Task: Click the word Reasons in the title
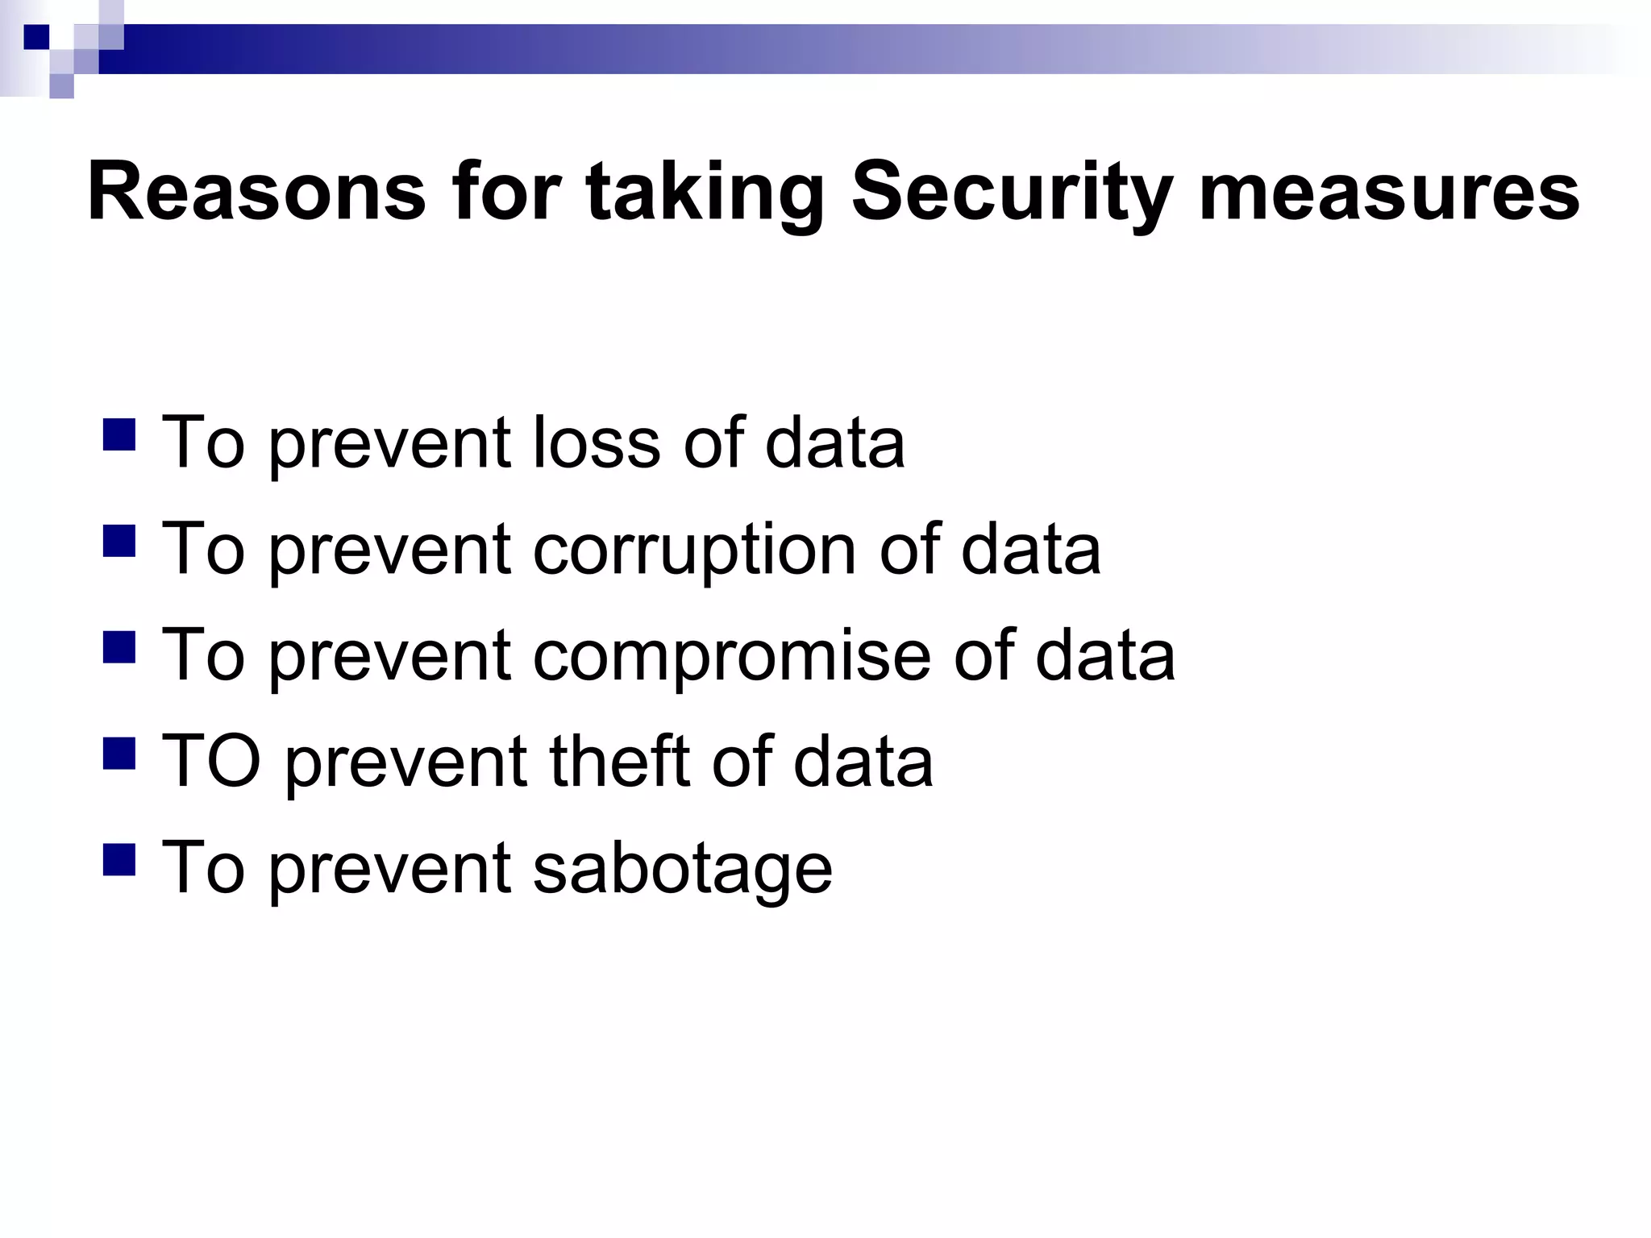click(x=256, y=193)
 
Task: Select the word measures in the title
click(x=1388, y=194)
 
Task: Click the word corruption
click(x=694, y=549)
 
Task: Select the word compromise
click(x=731, y=655)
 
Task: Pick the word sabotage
click(x=683, y=868)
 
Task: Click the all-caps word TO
click(x=211, y=762)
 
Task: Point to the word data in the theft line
click(x=863, y=762)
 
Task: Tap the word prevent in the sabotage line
click(x=389, y=868)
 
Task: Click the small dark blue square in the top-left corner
click(x=36, y=37)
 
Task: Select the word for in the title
click(x=505, y=193)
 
